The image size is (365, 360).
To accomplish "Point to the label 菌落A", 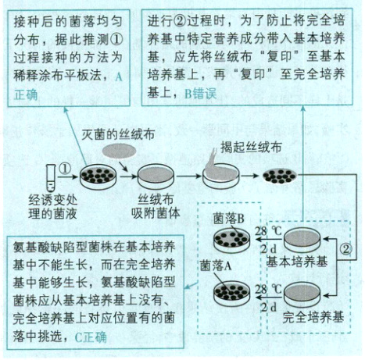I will [216, 265].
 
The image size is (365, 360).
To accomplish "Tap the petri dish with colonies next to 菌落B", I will [232, 234].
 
